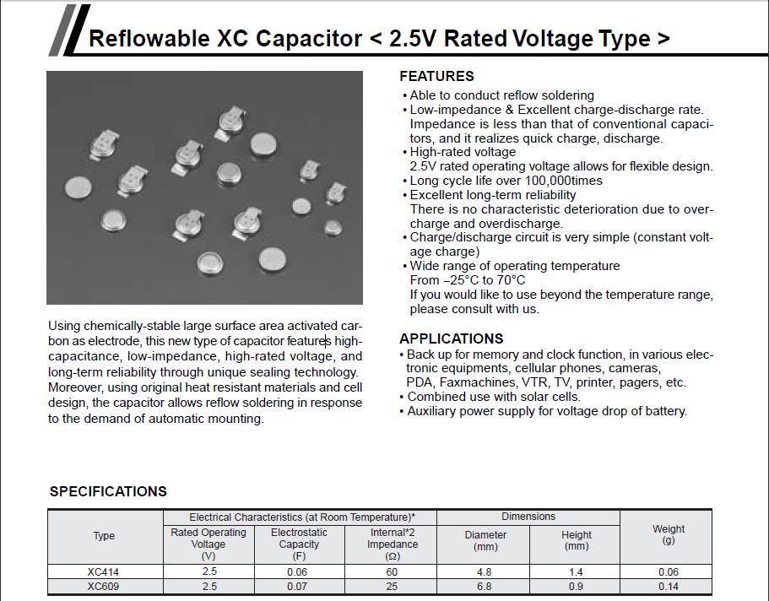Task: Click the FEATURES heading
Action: (x=436, y=76)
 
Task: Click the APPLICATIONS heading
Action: (x=451, y=338)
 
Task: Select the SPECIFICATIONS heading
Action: (x=108, y=491)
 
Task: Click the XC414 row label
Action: (x=103, y=572)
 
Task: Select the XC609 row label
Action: (x=103, y=586)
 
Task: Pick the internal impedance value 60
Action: (x=392, y=572)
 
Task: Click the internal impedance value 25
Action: (x=392, y=586)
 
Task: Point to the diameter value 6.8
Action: (x=485, y=586)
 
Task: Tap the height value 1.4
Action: (x=577, y=572)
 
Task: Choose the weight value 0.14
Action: (x=668, y=586)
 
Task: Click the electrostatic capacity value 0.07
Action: (x=300, y=586)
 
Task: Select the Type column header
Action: (x=104, y=536)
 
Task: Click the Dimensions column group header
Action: (x=528, y=517)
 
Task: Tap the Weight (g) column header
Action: (x=669, y=534)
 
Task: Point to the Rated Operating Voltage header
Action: (x=208, y=544)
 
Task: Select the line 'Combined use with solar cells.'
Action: (x=494, y=397)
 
